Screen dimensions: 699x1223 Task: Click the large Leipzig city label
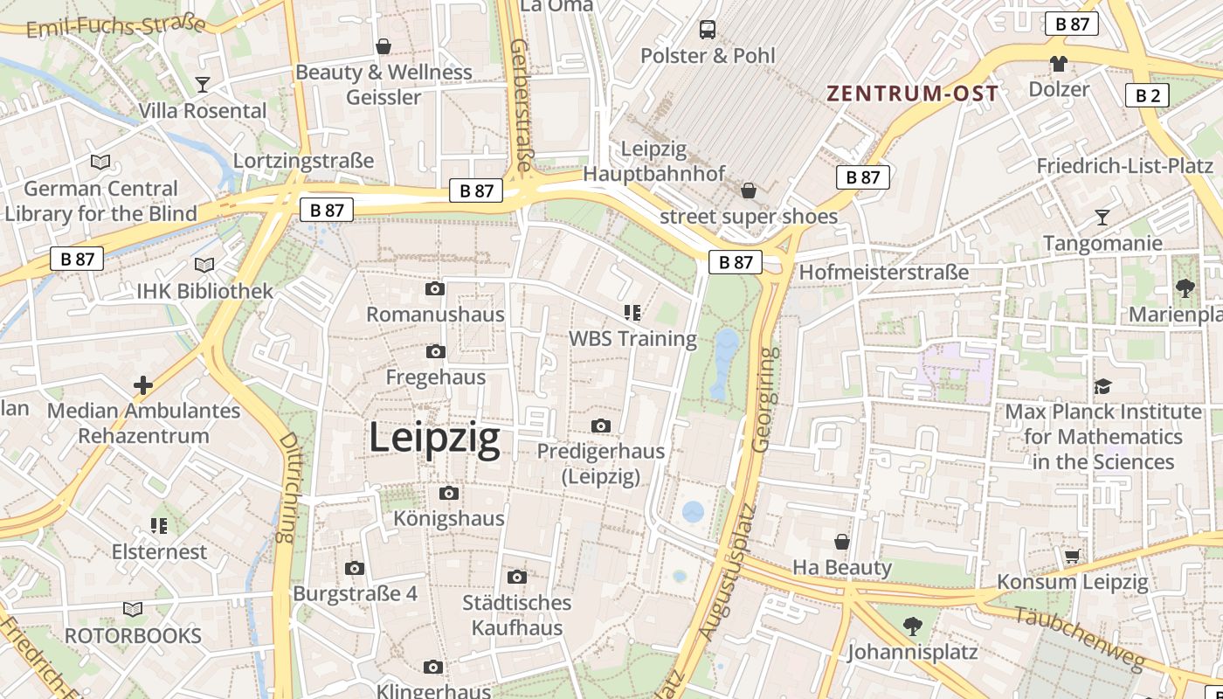(434, 437)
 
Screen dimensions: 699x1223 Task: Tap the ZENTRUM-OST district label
(912, 93)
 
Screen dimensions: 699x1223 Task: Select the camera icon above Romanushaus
(434, 289)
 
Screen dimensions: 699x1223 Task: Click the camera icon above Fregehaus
(434, 352)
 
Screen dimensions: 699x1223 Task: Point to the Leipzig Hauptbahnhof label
(653, 162)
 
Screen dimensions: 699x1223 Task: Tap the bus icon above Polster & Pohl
(708, 30)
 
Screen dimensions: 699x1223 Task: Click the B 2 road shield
(1147, 95)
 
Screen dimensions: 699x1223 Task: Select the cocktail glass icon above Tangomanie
(1102, 218)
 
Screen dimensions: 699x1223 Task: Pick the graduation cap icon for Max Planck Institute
(1102, 386)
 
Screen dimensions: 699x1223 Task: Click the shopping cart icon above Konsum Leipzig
(1072, 556)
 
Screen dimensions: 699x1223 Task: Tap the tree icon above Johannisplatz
(912, 626)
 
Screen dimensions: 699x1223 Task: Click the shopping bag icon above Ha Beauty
(842, 542)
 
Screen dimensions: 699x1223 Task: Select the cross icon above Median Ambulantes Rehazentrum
(143, 384)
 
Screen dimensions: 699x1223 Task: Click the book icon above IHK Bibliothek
(204, 265)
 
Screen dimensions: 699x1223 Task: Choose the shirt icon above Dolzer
(1059, 63)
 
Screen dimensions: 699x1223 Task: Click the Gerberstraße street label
(522, 105)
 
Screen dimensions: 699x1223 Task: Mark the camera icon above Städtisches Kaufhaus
(517, 577)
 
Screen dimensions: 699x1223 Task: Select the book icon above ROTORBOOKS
(133, 609)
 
